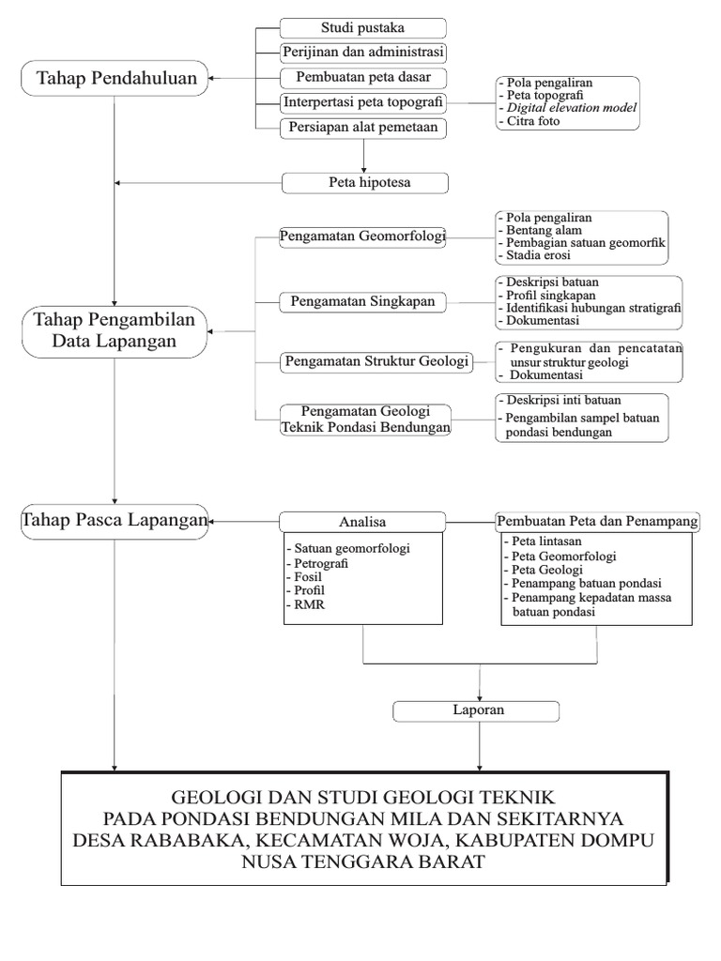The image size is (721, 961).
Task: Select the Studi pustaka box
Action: point(363,26)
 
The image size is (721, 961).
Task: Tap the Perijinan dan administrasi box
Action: point(363,52)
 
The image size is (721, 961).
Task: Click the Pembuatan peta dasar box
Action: point(363,77)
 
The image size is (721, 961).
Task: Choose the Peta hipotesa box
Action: point(363,181)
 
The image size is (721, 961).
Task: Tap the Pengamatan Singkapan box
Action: point(363,301)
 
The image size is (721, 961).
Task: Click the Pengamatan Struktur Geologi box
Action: point(376,360)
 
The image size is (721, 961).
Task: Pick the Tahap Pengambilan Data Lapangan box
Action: point(115,330)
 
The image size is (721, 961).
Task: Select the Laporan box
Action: point(479,710)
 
